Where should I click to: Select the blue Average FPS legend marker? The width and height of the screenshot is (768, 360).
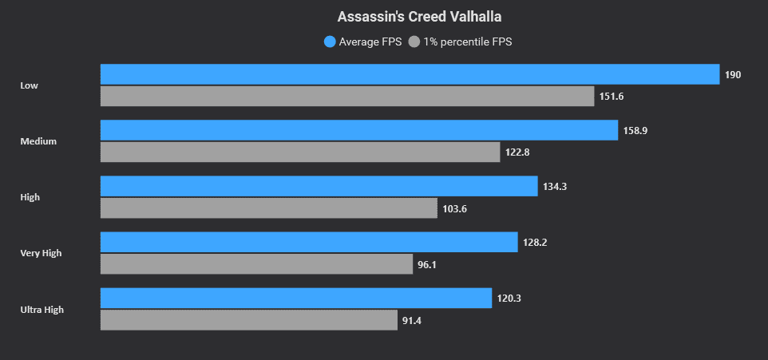click(330, 42)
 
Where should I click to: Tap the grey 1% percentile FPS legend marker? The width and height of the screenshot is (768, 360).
click(414, 42)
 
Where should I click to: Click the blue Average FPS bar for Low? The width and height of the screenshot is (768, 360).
click(410, 74)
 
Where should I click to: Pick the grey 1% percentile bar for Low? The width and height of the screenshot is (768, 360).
click(347, 97)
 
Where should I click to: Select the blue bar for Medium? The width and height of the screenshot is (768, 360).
click(358, 130)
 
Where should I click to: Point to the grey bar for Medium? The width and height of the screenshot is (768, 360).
click(300, 152)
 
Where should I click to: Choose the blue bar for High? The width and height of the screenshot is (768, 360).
click(319, 186)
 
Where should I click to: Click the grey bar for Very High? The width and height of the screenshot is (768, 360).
click(256, 264)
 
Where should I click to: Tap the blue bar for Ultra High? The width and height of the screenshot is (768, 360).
click(295, 298)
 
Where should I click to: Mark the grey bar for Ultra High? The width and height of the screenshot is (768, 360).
click(248, 320)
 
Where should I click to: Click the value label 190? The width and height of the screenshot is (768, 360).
click(733, 75)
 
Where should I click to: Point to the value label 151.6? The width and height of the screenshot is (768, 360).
click(612, 97)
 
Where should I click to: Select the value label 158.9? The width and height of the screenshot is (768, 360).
click(635, 131)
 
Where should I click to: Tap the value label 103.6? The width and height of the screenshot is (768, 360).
click(453, 208)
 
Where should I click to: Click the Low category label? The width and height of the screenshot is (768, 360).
click(29, 85)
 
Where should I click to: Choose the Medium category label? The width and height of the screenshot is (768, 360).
click(38, 141)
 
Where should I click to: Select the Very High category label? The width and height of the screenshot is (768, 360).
click(41, 253)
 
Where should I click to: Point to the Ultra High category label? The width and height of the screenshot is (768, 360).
click(42, 309)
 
